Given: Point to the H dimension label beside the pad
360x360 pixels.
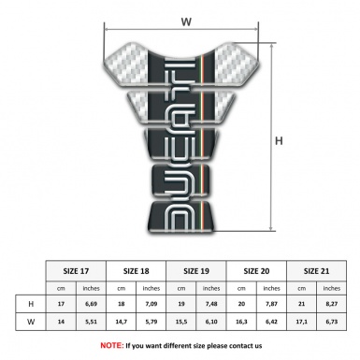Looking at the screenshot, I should point(279,140).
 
